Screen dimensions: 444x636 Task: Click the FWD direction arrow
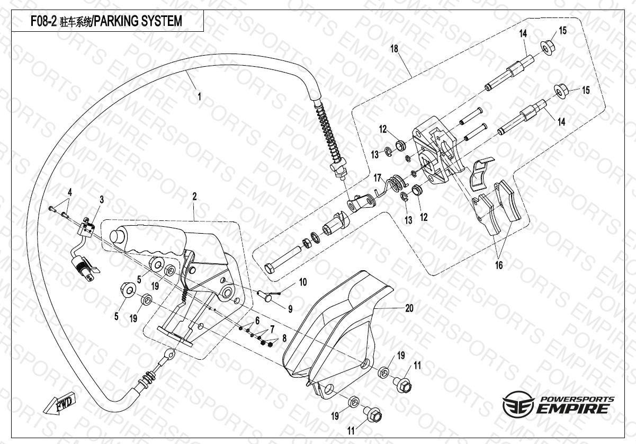click(60, 404)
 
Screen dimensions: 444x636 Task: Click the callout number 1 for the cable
click(199, 96)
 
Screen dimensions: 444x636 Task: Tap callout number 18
click(394, 49)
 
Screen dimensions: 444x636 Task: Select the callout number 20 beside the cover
click(409, 308)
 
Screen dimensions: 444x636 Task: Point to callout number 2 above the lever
click(194, 197)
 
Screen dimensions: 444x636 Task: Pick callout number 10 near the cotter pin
click(302, 282)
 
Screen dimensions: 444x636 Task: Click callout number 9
click(290, 308)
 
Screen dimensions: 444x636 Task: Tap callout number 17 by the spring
click(378, 176)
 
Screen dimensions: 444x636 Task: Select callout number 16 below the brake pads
click(499, 264)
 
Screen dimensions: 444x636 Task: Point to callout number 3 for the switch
click(102, 199)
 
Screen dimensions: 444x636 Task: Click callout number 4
click(69, 191)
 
